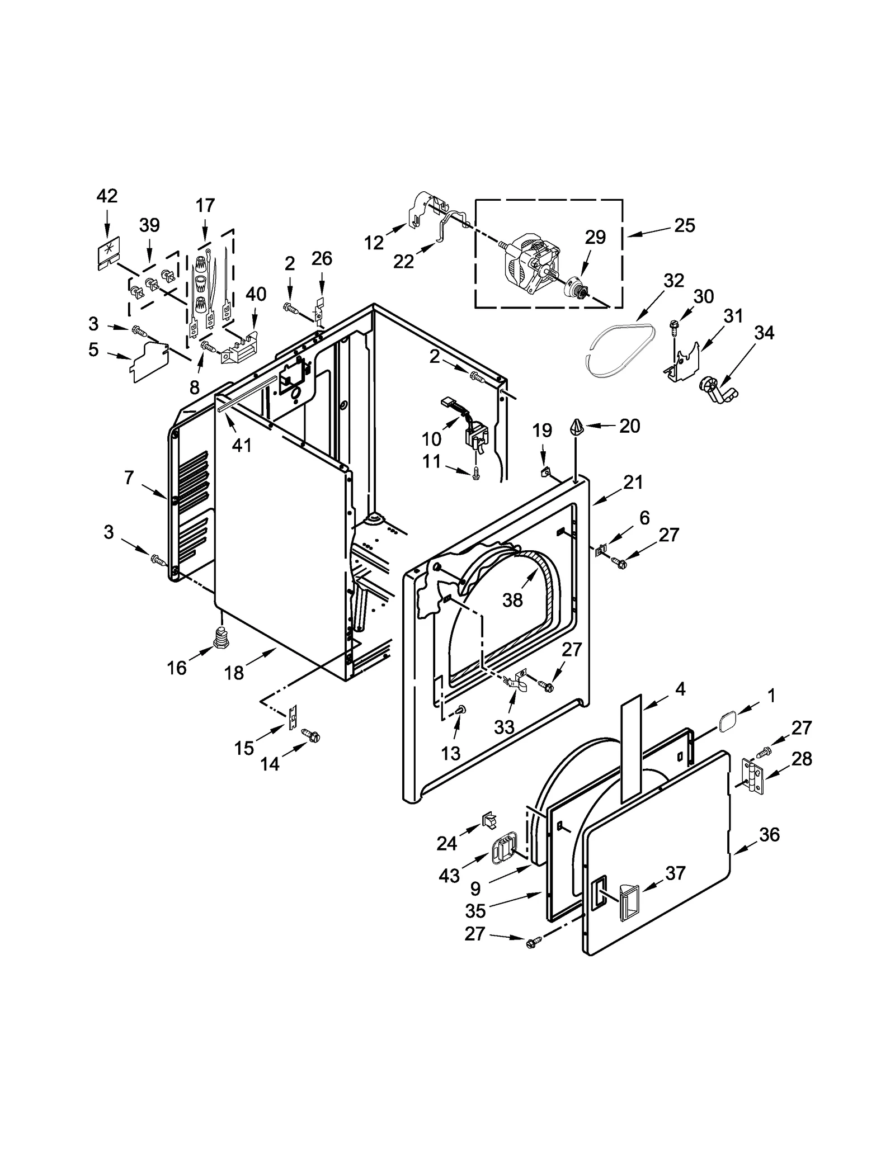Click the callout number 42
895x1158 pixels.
coord(107,196)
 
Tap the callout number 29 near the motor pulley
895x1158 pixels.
coord(595,237)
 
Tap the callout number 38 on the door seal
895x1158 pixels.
coord(512,600)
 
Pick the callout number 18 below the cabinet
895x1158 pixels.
coord(234,673)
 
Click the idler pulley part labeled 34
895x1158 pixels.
coord(718,389)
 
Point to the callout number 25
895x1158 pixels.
coord(684,225)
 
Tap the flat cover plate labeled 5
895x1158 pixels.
coord(149,361)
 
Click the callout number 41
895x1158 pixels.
coord(242,445)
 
